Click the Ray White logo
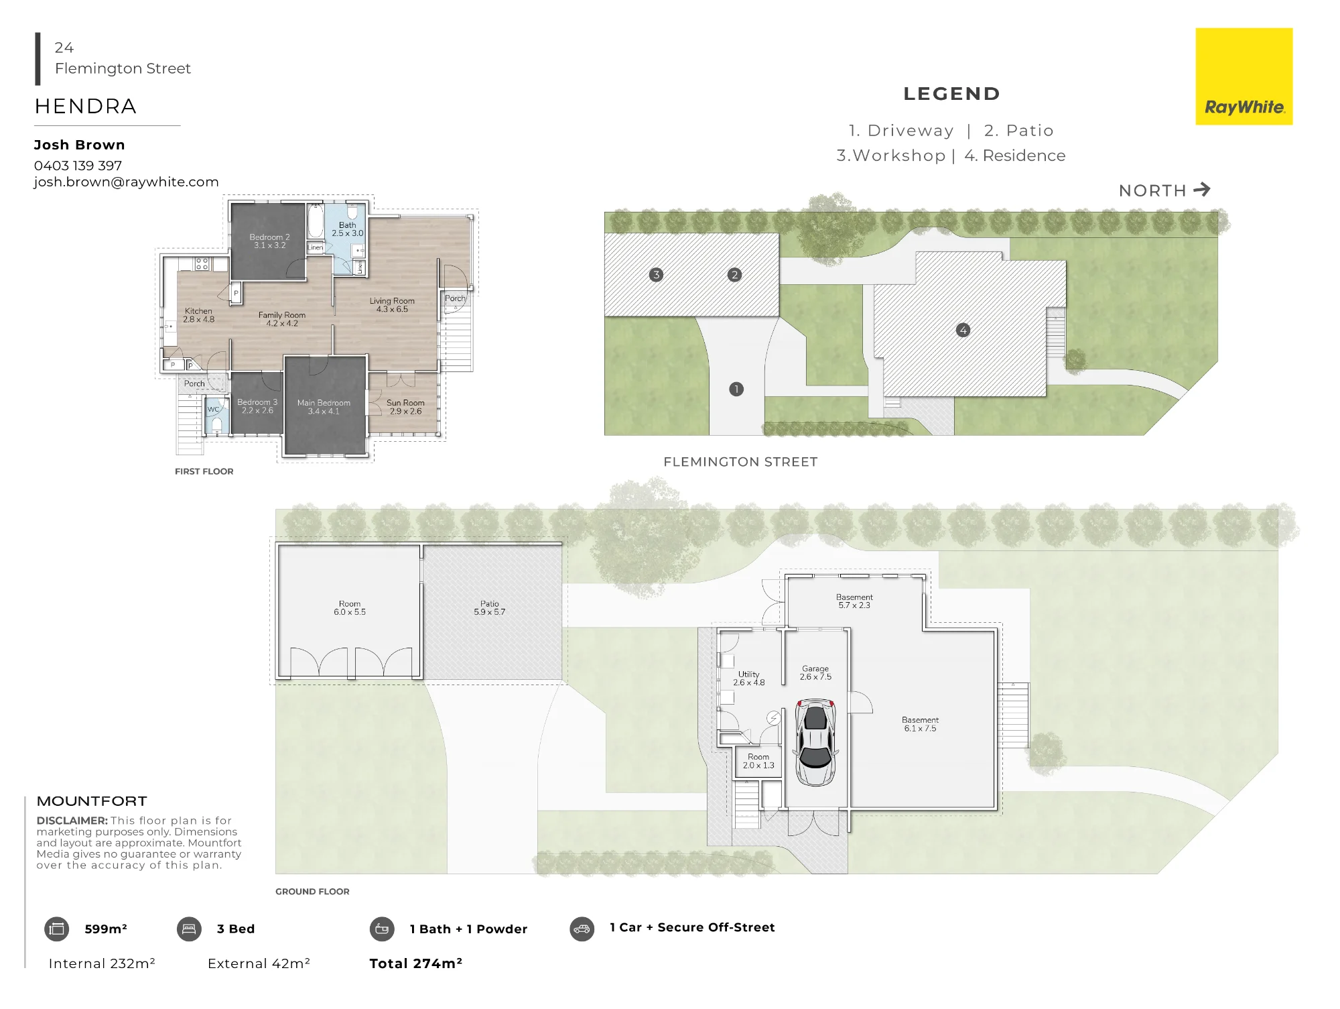tap(1244, 76)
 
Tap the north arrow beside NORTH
tap(1202, 190)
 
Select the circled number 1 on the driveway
tap(736, 389)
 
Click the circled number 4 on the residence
tap(963, 330)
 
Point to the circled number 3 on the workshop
tap(657, 274)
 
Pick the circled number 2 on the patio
tap(735, 274)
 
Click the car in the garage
tap(815, 742)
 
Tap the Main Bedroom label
tap(324, 403)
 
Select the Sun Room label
tap(405, 403)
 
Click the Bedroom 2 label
tap(269, 237)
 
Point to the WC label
tap(213, 409)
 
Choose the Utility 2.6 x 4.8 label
tap(749, 678)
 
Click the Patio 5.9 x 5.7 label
tap(490, 608)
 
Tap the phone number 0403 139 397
tap(78, 166)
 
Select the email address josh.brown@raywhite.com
tap(126, 182)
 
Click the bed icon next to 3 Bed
tap(189, 929)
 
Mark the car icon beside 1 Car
tap(582, 929)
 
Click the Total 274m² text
tap(416, 963)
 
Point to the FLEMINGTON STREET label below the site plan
tap(740, 462)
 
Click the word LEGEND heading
tap(952, 94)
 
